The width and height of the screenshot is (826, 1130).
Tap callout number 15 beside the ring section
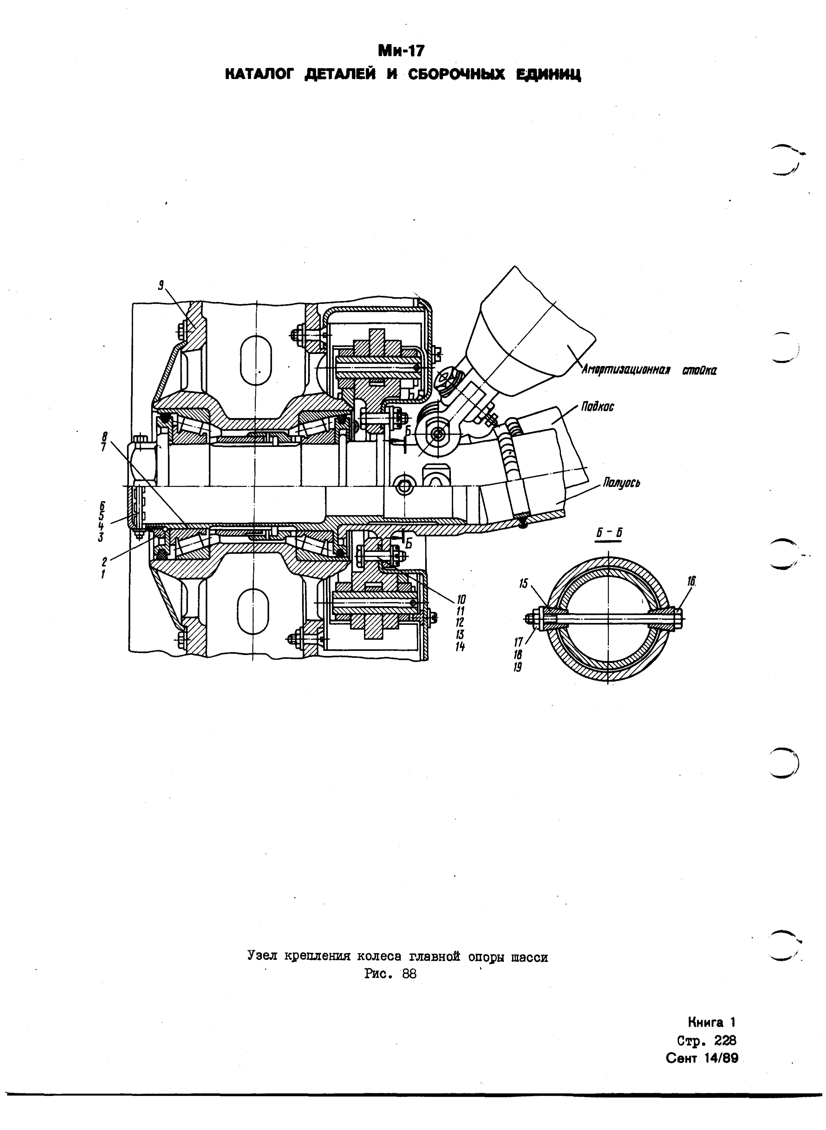coord(524,584)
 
